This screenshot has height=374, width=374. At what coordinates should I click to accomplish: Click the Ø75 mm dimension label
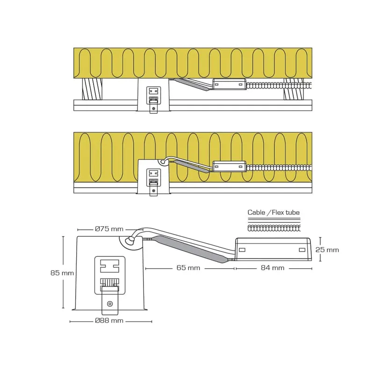point(109,229)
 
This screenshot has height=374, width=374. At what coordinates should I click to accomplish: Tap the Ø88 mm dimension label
point(109,321)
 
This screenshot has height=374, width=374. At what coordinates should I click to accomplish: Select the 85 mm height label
point(62,273)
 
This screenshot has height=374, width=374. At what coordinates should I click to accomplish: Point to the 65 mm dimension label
point(188,268)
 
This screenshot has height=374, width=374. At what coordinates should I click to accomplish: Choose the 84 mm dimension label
point(273,268)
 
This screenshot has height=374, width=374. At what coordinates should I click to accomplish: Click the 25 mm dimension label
point(327,250)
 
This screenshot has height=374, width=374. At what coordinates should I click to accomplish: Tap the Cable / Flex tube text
point(273,212)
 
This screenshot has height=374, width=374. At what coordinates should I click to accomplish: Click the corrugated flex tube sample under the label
point(274,228)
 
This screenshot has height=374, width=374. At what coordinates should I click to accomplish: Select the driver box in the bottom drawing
point(273,249)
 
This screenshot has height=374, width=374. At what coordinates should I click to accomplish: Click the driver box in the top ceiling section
point(229,84)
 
